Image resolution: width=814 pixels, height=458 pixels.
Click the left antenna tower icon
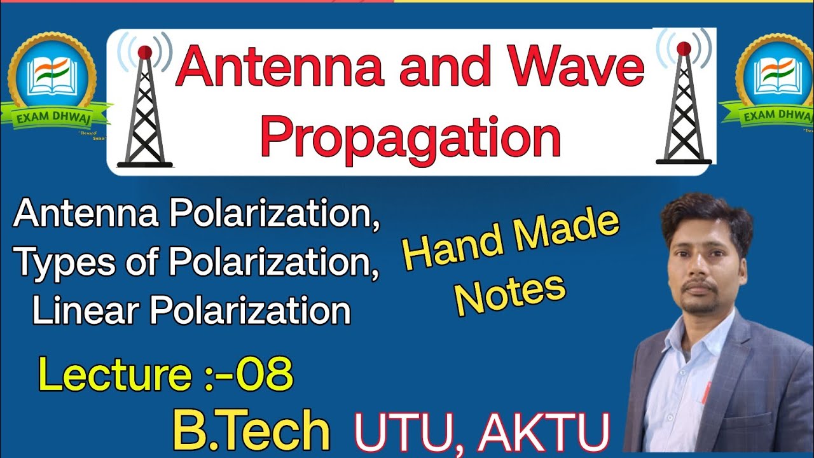tap(144, 108)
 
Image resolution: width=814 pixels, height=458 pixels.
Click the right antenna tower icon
tap(684, 105)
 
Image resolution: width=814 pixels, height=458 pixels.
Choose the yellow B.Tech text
tap(251, 431)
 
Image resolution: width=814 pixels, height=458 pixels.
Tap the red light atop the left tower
tap(144, 51)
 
